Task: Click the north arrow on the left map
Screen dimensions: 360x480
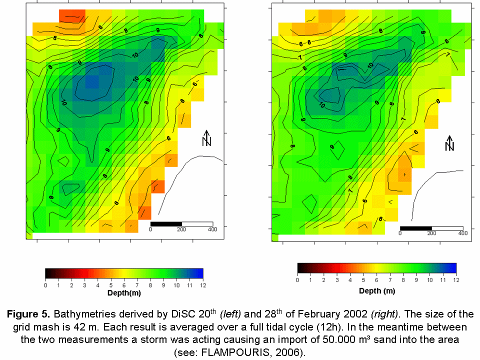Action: click(206, 138)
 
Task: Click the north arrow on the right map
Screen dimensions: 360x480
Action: click(449, 143)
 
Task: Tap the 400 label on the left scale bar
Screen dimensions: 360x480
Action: click(212, 229)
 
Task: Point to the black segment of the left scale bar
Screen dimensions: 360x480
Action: click(165, 223)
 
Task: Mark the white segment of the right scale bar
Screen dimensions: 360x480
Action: click(446, 227)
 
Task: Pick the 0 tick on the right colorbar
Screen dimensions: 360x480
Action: click(297, 280)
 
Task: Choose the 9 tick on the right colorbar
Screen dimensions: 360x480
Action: click(416, 280)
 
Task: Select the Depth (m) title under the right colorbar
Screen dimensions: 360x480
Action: click(377, 291)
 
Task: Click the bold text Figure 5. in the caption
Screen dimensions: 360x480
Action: click(28, 315)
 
